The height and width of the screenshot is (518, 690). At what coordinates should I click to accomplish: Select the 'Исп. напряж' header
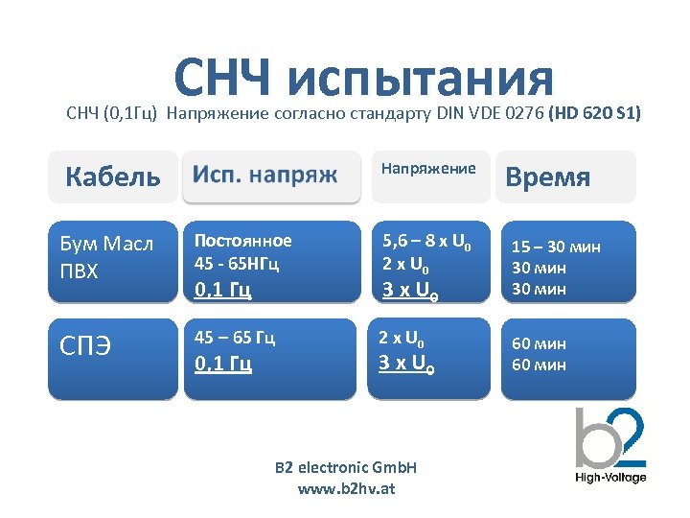coord(265,175)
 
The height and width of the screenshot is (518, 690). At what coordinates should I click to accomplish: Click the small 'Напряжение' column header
coord(428,169)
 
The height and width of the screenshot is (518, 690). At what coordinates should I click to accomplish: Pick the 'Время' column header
coord(547,177)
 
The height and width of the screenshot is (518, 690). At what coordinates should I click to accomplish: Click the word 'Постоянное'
coord(242,240)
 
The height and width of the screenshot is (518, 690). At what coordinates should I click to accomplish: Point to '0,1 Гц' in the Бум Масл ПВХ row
coord(223,288)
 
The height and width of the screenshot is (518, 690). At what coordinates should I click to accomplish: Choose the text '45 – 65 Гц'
coord(235,338)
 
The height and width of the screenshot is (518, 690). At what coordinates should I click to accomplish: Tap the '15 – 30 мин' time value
coord(556,247)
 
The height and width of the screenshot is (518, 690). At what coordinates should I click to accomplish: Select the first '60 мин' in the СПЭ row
coord(539,342)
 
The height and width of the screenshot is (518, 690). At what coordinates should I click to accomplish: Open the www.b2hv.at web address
coord(346,488)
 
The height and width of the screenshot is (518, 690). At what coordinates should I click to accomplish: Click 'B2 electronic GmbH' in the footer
coord(346,468)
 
